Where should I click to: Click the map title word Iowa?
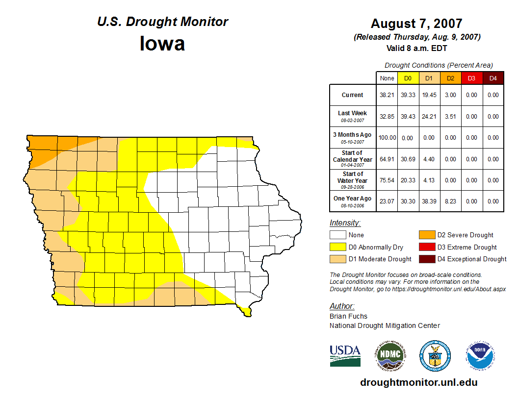coord(162,44)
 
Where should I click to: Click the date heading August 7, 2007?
coord(416,24)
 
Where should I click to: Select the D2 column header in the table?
coord(450,78)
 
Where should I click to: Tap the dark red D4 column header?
coord(493,78)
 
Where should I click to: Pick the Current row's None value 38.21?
coord(387,95)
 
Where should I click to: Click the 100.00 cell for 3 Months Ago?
coord(387,138)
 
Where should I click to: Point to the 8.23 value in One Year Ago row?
coord(450,201)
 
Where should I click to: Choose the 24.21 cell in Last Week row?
coord(429,117)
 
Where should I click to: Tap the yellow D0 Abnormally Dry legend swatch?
coord(337,247)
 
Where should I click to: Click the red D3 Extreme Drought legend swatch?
coord(426,247)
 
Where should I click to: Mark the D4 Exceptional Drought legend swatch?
coord(426,259)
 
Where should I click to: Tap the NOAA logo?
coord(480,355)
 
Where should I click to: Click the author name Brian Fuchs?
coord(348,316)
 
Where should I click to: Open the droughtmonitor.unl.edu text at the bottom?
coord(418,382)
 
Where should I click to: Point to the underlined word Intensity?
coord(345,223)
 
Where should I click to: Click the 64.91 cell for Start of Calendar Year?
coord(387,159)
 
